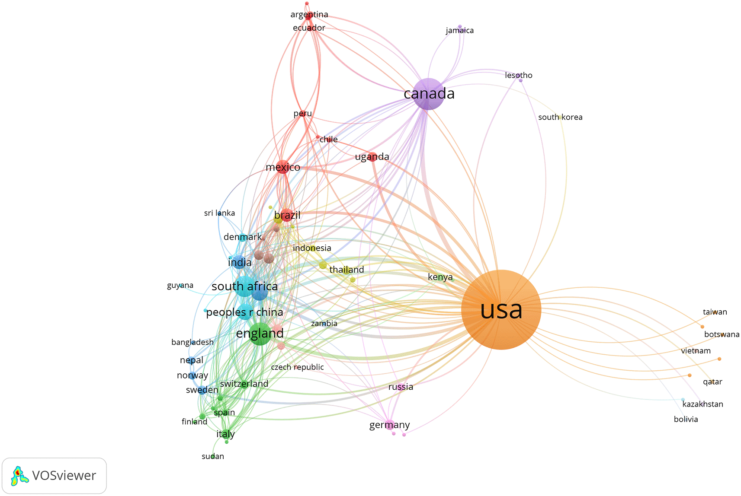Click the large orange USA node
501,309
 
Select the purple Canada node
428,94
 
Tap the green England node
260,334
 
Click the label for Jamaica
460,30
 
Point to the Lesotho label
519,75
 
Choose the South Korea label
560,117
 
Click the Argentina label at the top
309,14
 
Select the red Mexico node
283,167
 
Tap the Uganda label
372,156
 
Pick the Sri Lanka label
219,213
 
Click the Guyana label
180,285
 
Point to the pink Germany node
389,425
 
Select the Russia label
401,387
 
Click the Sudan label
213,456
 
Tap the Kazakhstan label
703,404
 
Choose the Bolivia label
686,419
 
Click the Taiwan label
715,312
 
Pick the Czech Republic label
297,367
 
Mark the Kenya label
440,277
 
